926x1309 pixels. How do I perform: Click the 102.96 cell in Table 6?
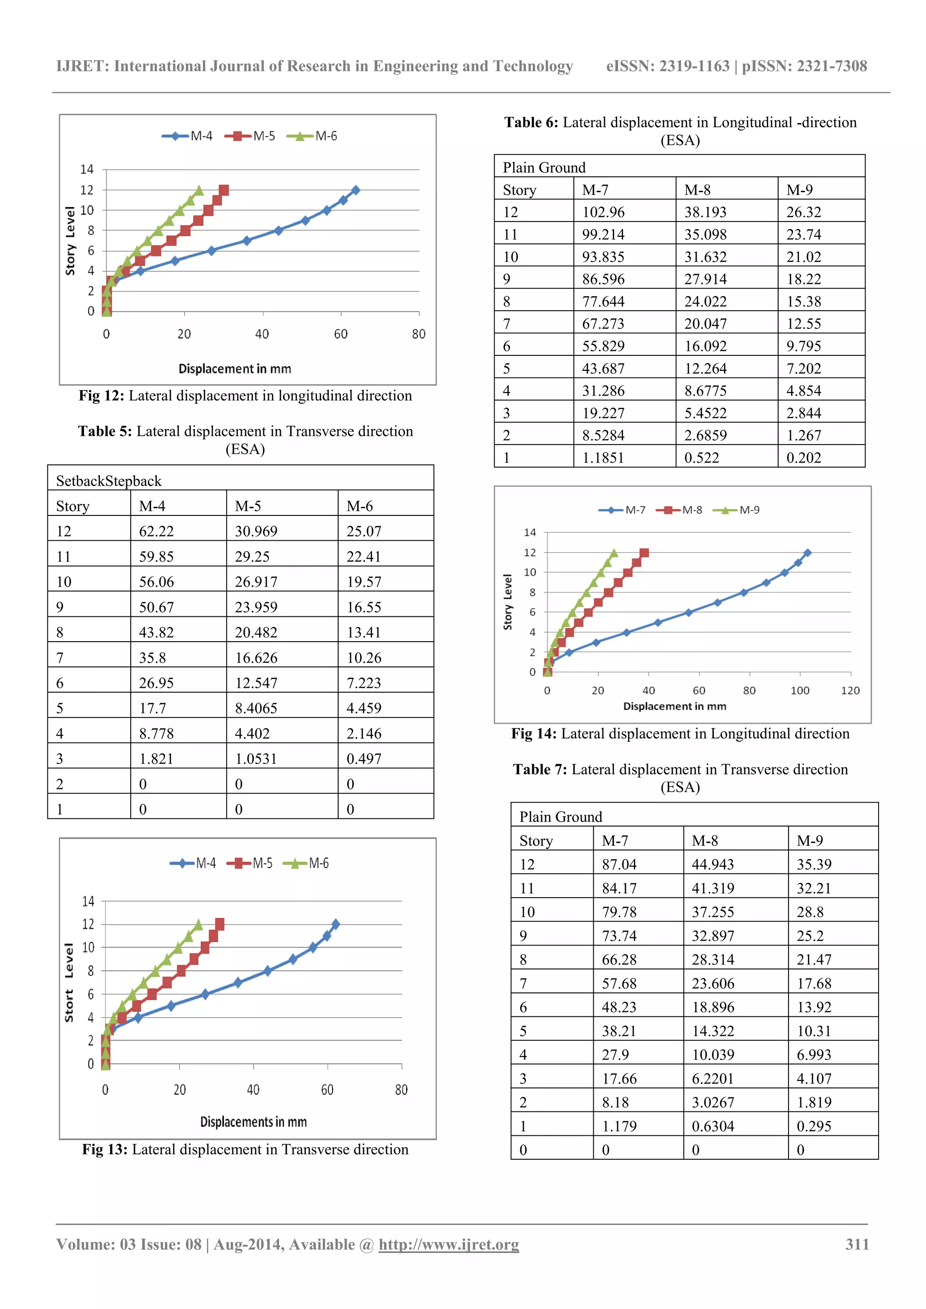tap(603, 212)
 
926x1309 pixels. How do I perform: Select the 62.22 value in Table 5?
tap(156, 531)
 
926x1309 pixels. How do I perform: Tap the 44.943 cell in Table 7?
tap(713, 865)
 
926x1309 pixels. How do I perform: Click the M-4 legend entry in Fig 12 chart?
tap(188, 136)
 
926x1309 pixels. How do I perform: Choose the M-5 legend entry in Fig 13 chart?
tap(250, 863)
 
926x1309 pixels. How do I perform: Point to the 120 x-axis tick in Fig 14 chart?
tap(850, 690)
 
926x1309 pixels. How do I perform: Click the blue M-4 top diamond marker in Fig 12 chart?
tap(355, 190)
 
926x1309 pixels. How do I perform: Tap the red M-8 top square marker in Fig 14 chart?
tap(644, 553)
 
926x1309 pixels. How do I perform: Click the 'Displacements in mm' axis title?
tap(253, 1122)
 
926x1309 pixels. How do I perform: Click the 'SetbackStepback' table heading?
tap(109, 481)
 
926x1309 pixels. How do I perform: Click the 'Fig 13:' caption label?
tap(104, 1149)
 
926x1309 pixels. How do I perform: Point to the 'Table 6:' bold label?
tap(531, 123)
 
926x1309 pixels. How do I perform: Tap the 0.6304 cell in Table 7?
tap(713, 1126)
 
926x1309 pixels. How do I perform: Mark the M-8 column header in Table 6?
tap(697, 190)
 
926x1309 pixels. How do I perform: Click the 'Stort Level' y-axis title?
tap(69, 983)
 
